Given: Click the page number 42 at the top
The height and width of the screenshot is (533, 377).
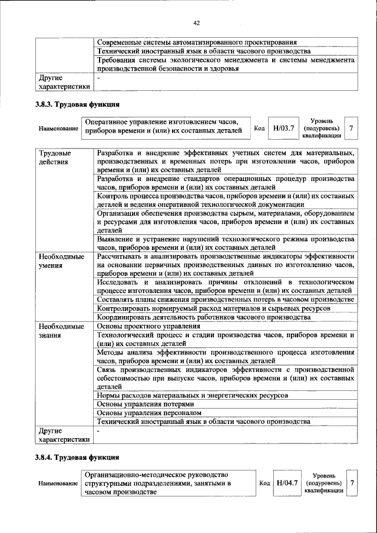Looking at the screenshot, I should (x=197, y=23).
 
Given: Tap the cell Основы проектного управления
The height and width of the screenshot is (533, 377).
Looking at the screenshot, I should (x=144, y=326).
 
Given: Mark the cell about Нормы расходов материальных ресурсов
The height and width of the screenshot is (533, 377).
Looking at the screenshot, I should (x=193, y=395).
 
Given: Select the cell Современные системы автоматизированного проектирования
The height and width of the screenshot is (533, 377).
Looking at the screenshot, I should (x=196, y=42).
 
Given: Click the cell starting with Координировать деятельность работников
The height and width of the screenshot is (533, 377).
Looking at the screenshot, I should (x=204, y=317).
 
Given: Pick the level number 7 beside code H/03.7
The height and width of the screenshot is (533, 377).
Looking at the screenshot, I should (x=351, y=127).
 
